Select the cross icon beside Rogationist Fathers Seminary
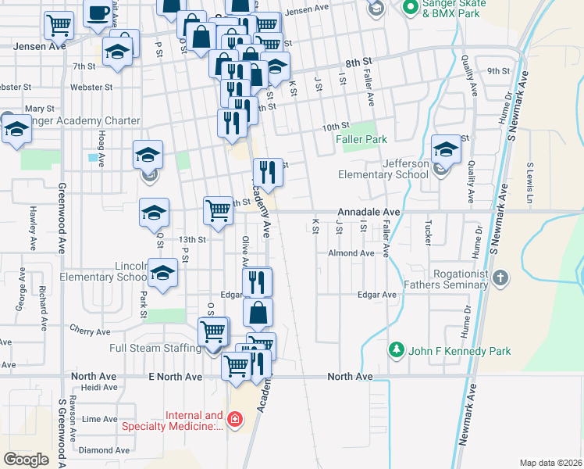500,277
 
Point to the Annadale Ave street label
369,212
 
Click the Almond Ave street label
351,253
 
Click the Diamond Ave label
105,450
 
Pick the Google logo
26,459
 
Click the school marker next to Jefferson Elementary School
446,149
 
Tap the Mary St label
39,109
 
